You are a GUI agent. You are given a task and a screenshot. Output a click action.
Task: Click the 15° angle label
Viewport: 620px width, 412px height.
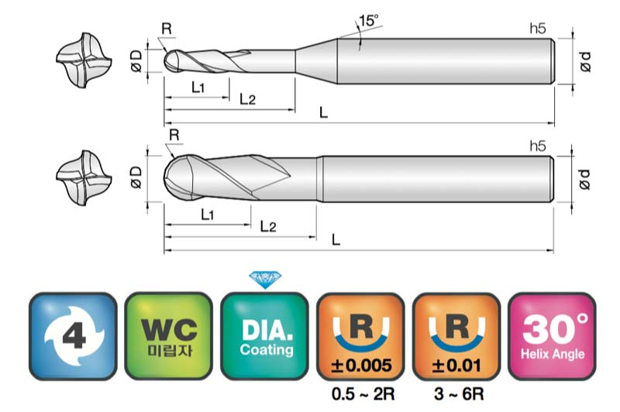[x=368, y=21]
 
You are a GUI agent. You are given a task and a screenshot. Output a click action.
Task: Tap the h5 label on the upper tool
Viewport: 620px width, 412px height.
[x=537, y=29]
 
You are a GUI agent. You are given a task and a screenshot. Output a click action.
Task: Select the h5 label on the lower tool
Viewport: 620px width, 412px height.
[x=537, y=145]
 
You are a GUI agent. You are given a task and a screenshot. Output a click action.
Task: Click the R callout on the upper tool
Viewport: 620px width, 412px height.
[x=167, y=29]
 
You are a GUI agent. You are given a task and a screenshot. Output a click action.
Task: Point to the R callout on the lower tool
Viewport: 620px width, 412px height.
[x=174, y=135]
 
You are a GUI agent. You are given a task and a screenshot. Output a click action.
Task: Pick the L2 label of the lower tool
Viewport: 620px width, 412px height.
[x=268, y=226]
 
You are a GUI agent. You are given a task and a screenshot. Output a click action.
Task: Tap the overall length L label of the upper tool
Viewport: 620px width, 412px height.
[x=324, y=113]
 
